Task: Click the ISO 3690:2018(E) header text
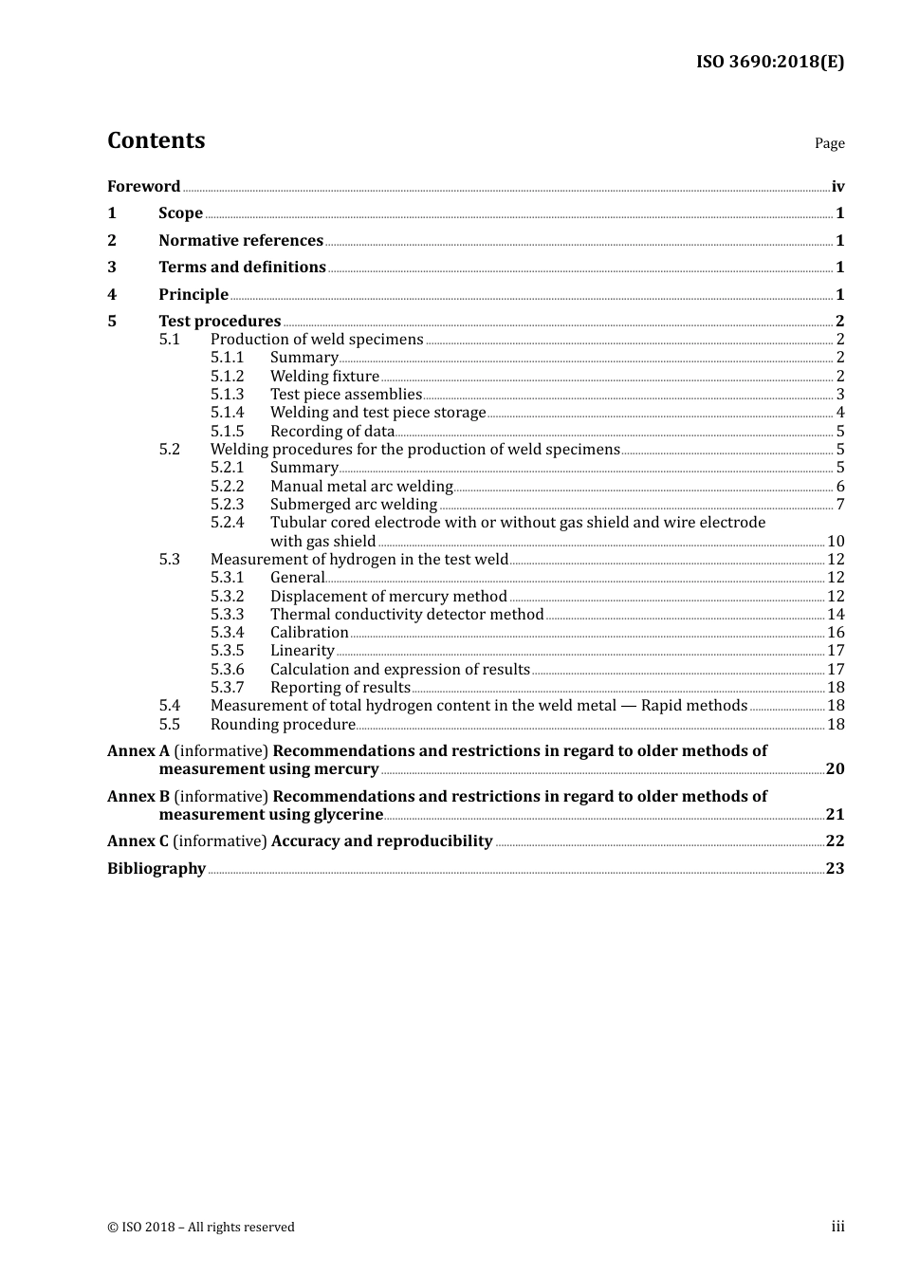(x=769, y=62)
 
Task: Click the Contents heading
(x=156, y=140)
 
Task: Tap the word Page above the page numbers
(x=829, y=143)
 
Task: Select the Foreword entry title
(x=143, y=186)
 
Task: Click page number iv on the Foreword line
(x=837, y=187)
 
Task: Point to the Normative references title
(x=241, y=240)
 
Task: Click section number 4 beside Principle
(x=112, y=294)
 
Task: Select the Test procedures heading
(x=219, y=321)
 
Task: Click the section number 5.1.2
(x=227, y=376)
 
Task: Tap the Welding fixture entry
(x=324, y=376)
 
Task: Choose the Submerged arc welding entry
(x=354, y=504)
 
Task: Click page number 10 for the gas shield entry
(x=836, y=541)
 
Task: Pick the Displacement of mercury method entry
(x=388, y=596)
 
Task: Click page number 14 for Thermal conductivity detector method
(x=836, y=614)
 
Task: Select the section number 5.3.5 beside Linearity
(x=227, y=650)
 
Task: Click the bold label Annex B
(x=138, y=796)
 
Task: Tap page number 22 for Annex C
(x=835, y=841)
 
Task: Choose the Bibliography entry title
(x=156, y=868)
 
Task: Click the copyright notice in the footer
(x=201, y=1227)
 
